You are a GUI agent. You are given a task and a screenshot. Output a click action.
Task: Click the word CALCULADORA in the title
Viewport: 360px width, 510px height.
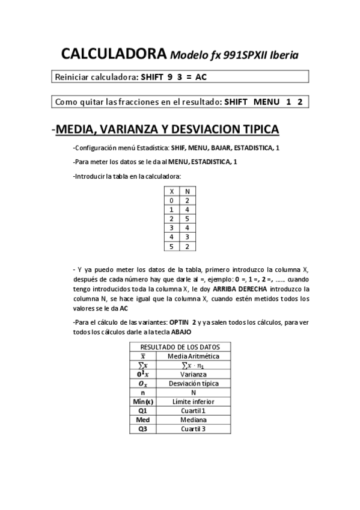tap(113, 55)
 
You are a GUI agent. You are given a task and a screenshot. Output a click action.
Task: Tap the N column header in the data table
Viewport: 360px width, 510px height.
tap(187, 191)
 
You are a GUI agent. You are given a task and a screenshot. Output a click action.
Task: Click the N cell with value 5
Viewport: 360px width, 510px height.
tap(187, 218)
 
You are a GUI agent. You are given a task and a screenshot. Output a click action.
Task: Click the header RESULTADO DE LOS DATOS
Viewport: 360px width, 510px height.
tap(180, 347)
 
